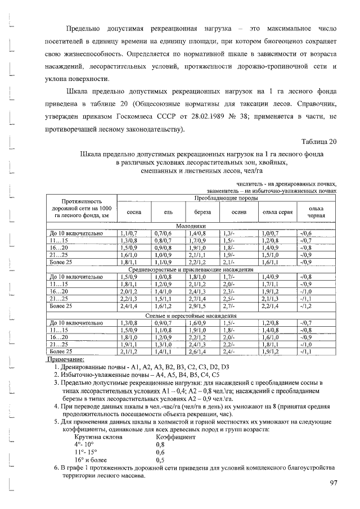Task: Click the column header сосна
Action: (134, 211)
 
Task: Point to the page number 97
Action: (332, 483)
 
